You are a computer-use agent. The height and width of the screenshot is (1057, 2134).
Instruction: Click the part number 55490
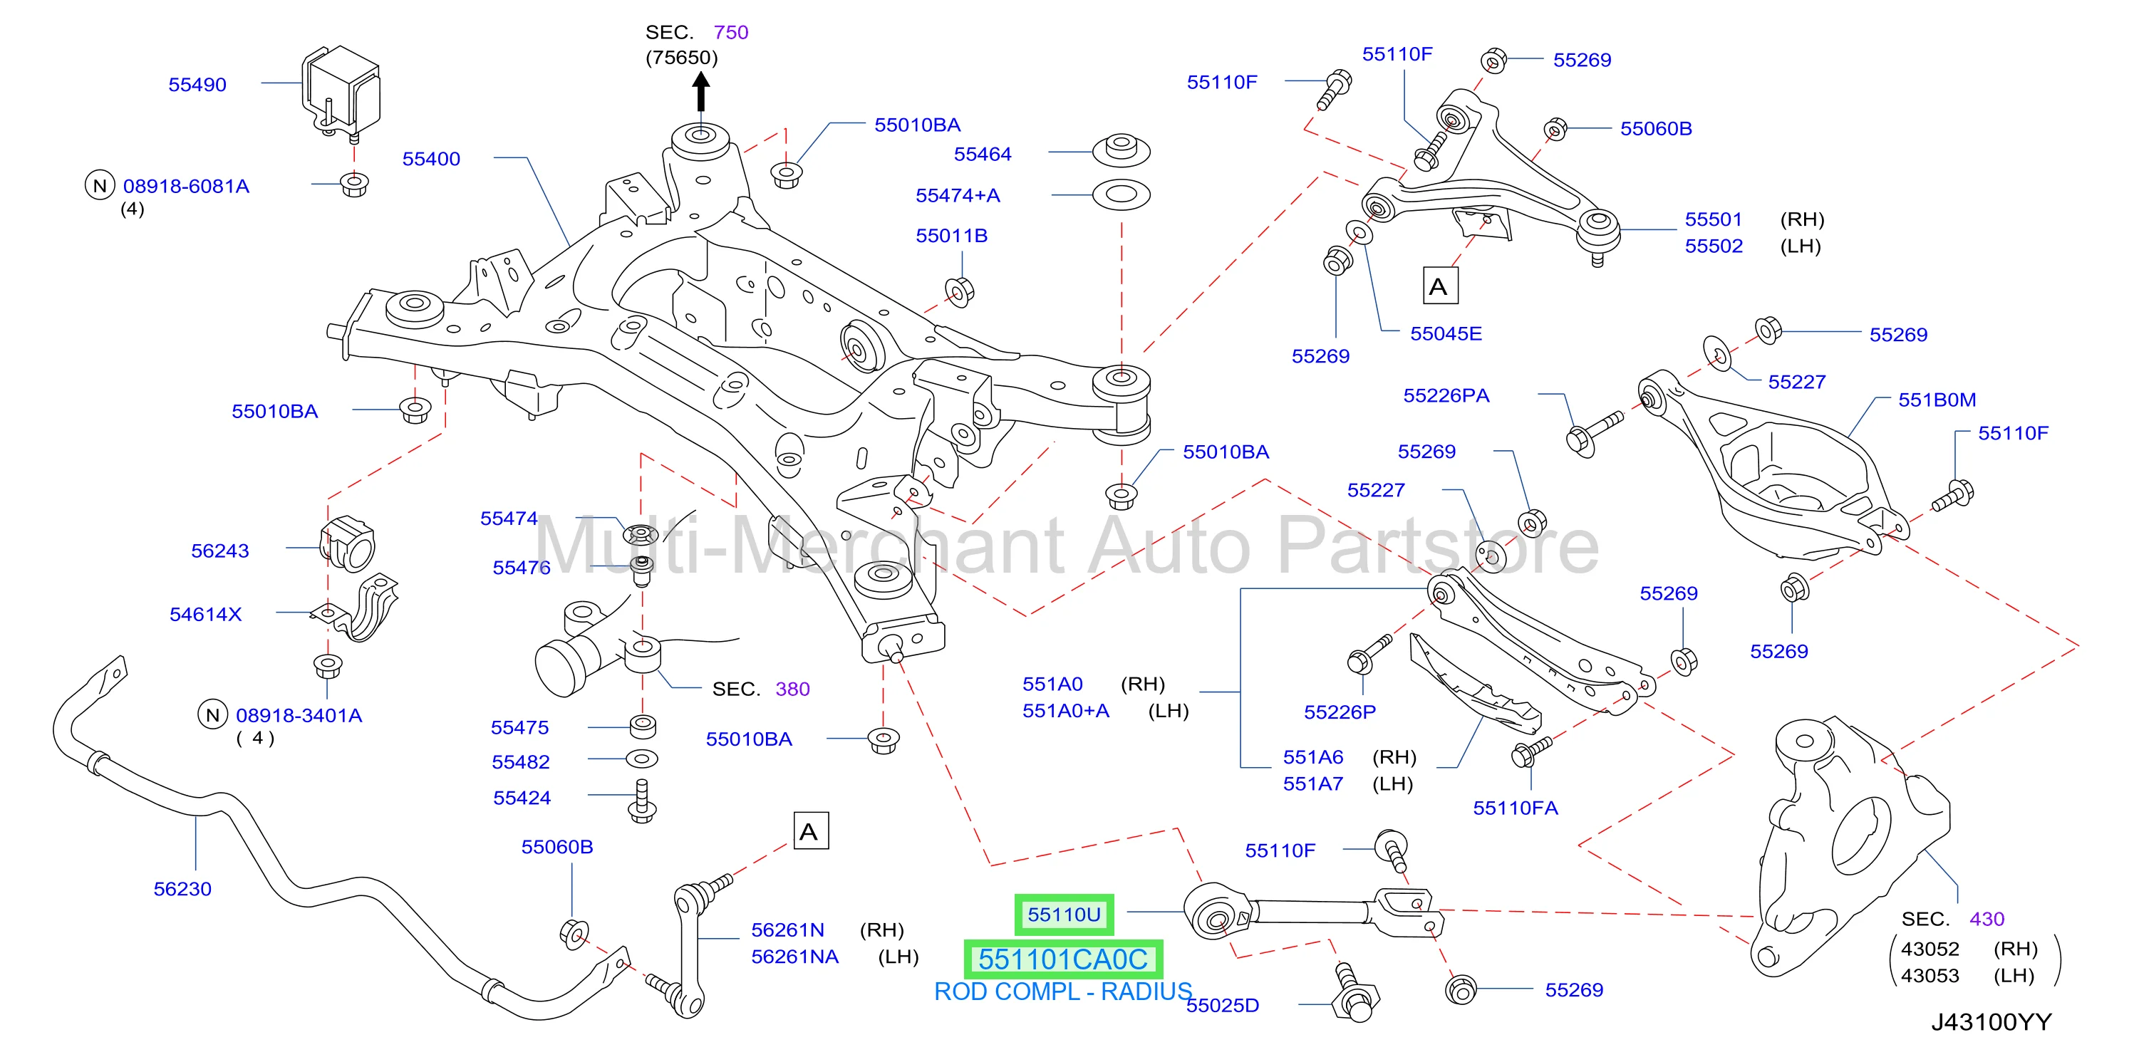point(197,85)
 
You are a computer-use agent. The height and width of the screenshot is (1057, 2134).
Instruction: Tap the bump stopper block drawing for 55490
point(341,91)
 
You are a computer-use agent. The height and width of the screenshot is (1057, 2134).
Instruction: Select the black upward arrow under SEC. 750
point(701,92)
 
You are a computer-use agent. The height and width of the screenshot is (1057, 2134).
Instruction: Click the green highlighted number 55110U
point(1064,915)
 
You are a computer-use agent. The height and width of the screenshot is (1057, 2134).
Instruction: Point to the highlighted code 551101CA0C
point(1064,959)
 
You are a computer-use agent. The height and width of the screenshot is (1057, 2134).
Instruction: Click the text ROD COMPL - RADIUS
point(1063,991)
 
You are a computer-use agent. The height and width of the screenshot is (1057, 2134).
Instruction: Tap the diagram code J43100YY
point(1991,1022)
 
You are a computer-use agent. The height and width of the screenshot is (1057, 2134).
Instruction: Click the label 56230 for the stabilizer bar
point(182,889)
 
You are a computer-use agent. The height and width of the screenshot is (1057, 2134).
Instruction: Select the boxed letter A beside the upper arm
point(1439,286)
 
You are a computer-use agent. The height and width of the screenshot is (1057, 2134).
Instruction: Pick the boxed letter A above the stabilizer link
point(809,830)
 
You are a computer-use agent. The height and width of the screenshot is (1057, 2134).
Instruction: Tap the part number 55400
point(431,159)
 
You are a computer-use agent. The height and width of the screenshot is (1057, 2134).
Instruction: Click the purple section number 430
point(1987,919)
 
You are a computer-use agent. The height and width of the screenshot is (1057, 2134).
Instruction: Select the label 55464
point(983,154)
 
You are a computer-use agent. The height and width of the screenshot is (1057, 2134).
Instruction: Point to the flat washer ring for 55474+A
point(1121,194)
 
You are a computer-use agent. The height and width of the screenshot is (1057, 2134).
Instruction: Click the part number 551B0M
point(1937,400)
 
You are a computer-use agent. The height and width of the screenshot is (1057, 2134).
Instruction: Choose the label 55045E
point(1446,334)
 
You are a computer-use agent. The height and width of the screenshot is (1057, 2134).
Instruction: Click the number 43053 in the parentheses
point(1930,976)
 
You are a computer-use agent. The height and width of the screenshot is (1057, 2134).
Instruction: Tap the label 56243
point(219,551)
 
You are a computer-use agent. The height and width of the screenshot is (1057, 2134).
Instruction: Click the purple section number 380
point(792,689)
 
